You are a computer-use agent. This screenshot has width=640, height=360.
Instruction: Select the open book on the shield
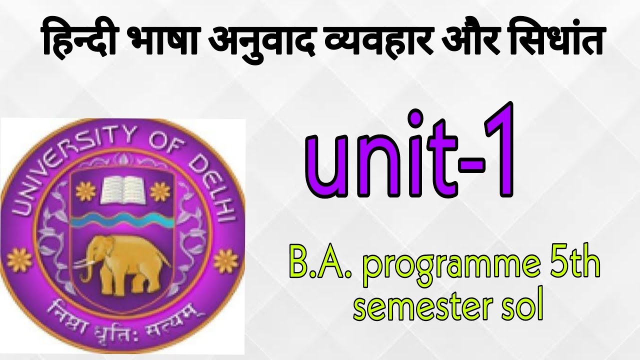click(x=122, y=190)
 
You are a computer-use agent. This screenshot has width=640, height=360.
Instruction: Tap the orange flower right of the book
click(x=161, y=191)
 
